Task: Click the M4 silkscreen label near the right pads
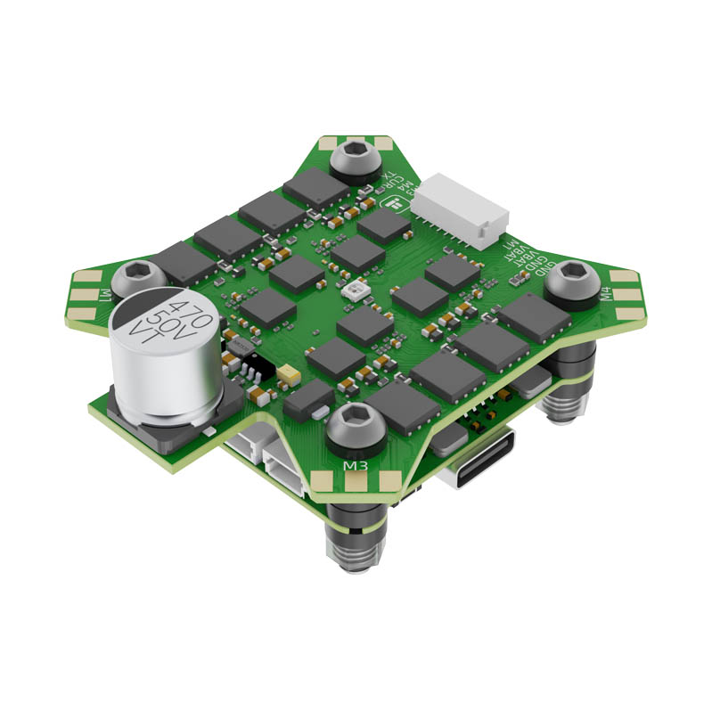coord(606,293)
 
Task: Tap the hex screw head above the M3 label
coord(355,422)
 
